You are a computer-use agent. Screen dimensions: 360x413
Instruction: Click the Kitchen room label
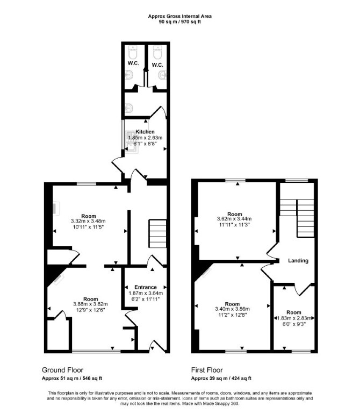coord(145,132)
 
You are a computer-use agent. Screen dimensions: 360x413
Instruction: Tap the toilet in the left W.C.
coord(133,52)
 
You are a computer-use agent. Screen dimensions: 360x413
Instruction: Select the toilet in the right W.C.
coord(157,52)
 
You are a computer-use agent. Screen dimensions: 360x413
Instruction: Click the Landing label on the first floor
coord(298,261)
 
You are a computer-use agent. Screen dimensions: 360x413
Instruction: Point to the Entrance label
coord(146,287)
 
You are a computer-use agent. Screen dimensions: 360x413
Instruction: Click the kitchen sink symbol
coord(132,142)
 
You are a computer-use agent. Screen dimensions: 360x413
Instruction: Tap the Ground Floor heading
coord(63,370)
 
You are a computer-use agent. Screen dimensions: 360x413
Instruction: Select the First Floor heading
coord(207,370)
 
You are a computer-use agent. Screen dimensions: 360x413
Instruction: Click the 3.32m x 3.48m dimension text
coord(88,221)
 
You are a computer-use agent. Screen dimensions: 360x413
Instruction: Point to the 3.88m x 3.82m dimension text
coord(90,304)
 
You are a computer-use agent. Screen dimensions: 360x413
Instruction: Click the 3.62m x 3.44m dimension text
coord(234,219)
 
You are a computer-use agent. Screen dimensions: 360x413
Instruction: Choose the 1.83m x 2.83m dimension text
coord(294,318)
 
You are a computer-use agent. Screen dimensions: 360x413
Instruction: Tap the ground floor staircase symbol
coord(157,233)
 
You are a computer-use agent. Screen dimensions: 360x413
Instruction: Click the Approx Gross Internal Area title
coord(180,16)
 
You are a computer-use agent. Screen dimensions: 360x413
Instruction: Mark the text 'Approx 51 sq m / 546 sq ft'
coord(72,379)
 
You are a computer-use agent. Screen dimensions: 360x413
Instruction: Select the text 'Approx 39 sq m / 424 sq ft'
coord(221,379)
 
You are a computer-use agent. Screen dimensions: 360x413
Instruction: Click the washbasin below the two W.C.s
coord(129,108)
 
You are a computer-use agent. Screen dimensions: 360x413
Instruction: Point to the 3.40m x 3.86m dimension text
coord(232,309)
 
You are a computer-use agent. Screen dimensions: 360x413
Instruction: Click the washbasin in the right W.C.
coord(162,75)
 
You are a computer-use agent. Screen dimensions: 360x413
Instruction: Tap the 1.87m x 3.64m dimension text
coord(146,293)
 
